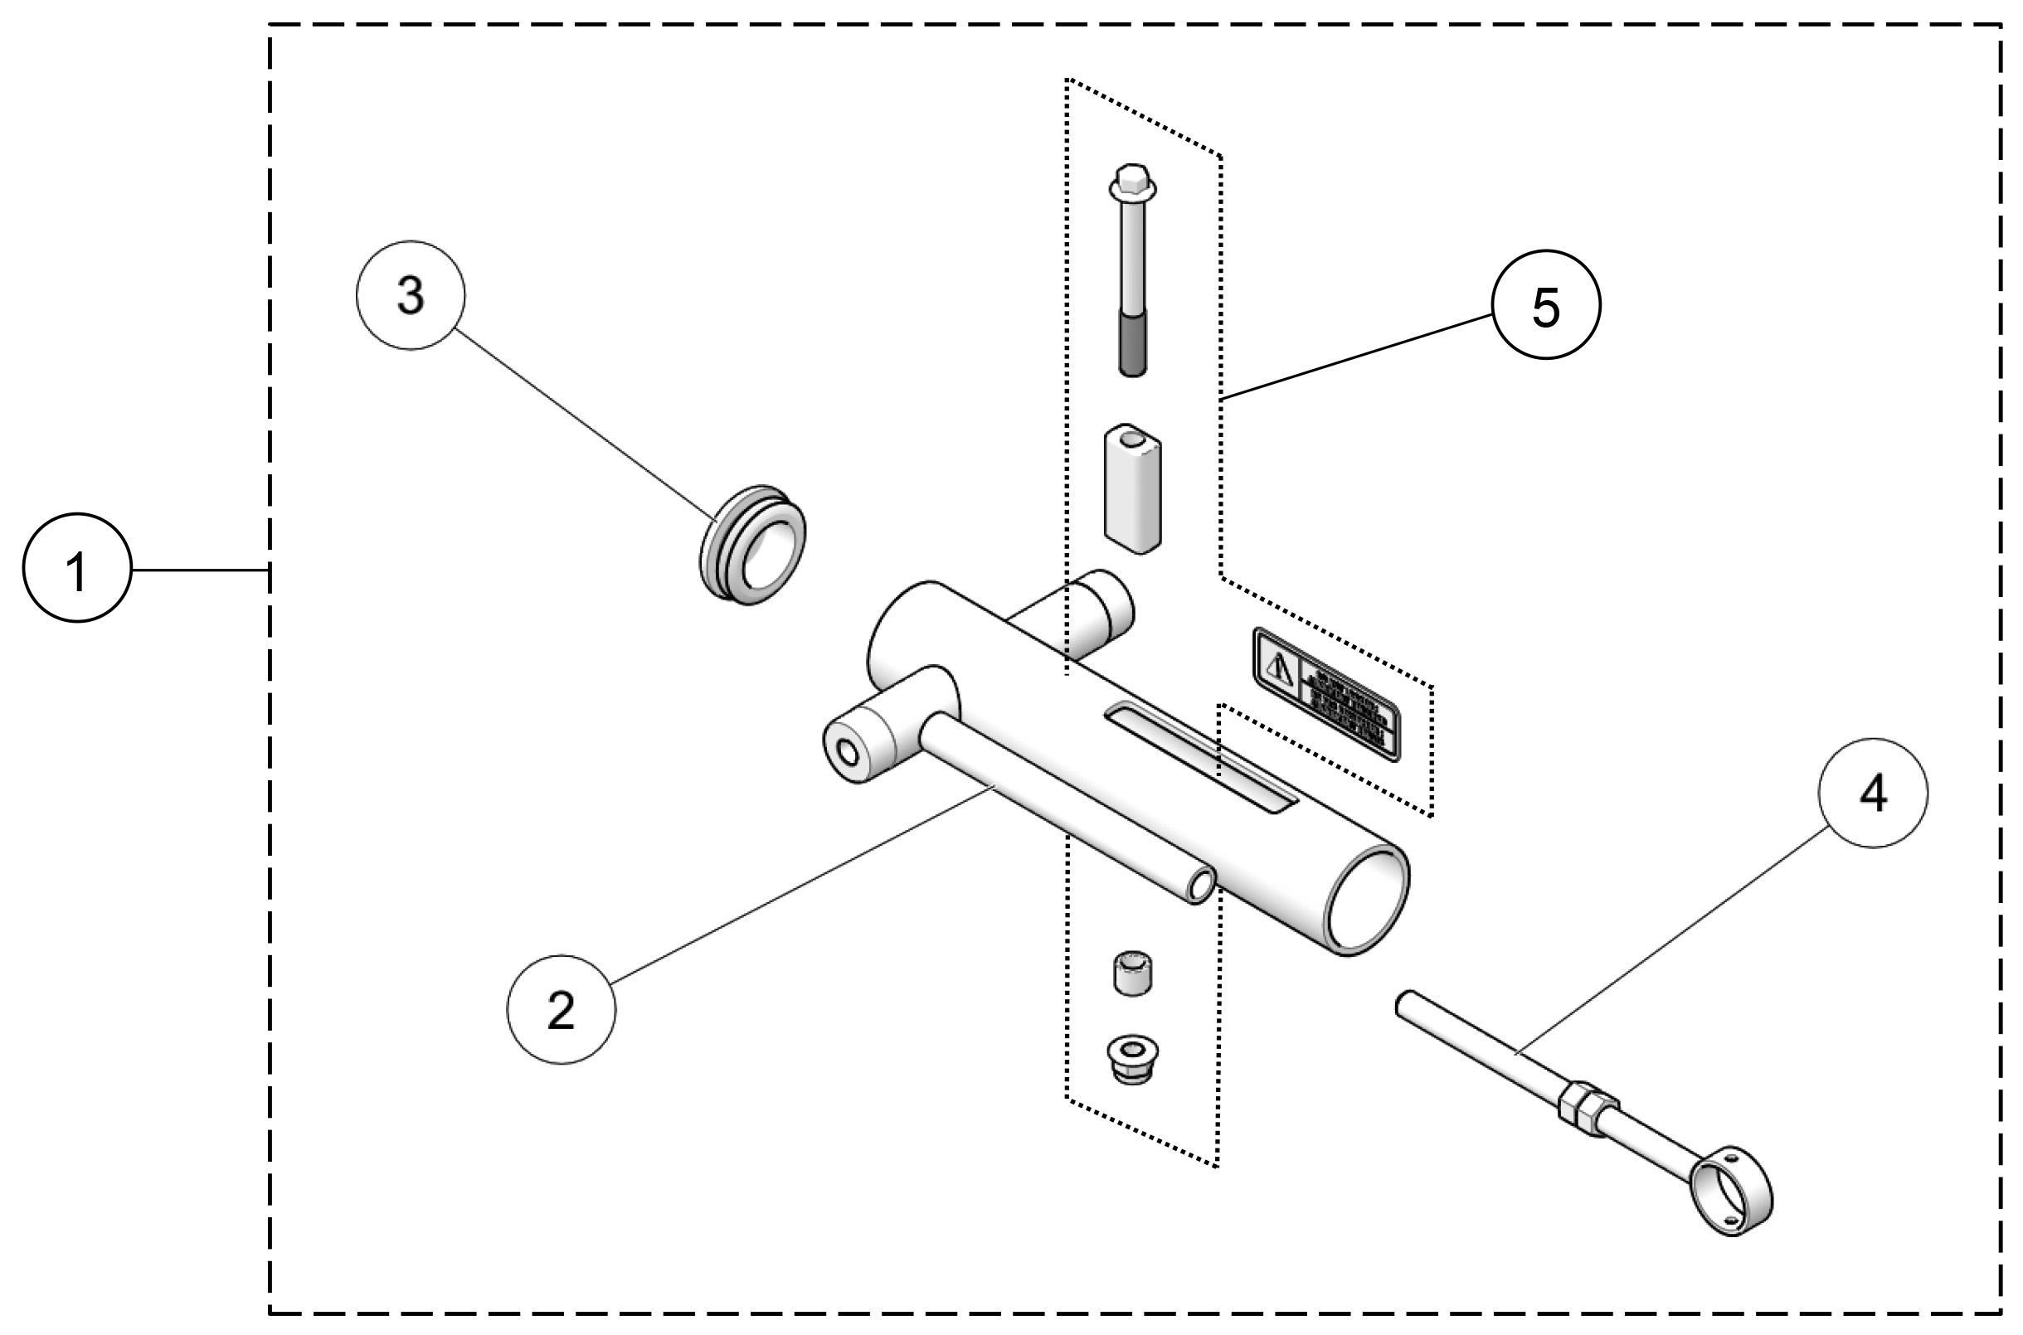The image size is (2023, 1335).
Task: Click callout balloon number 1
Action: coord(76,568)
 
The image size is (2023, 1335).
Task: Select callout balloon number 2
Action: coord(560,1009)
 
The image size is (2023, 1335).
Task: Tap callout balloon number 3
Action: coord(411,295)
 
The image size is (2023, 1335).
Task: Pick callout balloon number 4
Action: coord(1873,793)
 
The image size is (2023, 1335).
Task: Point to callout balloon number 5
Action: coord(1545,304)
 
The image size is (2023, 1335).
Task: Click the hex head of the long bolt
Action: coord(1132,182)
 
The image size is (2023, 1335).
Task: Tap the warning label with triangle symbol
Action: coord(1326,695)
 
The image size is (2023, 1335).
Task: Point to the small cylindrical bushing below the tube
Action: coord(1133,973)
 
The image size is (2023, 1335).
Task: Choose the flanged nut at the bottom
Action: coord(1132,1058)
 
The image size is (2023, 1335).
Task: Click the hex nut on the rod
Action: coord(1582,1105)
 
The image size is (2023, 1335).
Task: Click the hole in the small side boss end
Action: coord(848,752)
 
